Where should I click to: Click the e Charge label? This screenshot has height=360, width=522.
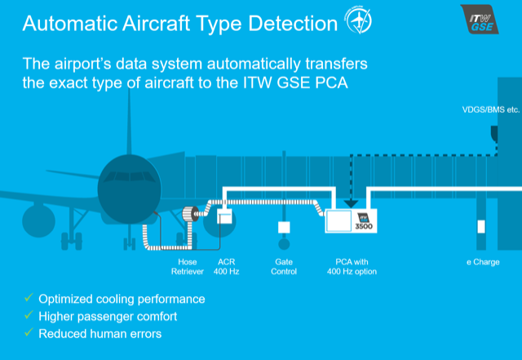pyautogui.click(x=482, y=262)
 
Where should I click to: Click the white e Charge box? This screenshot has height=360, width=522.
pyautogui.click(x=481, y=227)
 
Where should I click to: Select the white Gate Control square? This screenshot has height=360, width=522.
pyautogui.click(x=284, y=227)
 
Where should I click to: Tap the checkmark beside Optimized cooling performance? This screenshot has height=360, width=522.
pyautogui.click(x=29, y=299)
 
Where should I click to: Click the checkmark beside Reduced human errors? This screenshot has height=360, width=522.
pyautogui.click(x=29, y=333)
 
